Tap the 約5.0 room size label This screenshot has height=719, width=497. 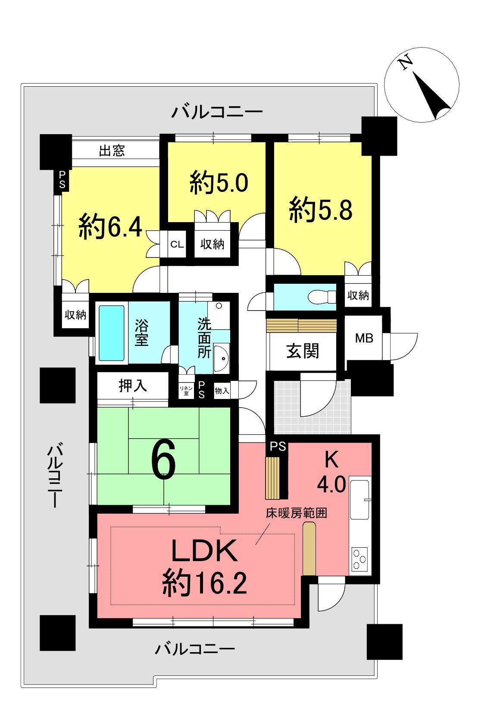[x=219, y=182]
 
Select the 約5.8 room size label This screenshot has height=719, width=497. [x=321, y=210]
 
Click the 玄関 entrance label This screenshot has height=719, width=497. [x=303, y=351]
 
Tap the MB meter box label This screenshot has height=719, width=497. [x=364, y=338]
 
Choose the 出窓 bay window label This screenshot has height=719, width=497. [x=112, y=151]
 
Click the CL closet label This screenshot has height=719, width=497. [x=177, y=245]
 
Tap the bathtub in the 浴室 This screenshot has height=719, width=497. [x=111, y=333]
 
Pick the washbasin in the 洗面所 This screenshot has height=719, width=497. [x=221, y=358]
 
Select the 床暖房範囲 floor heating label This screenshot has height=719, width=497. [x=296, y=513]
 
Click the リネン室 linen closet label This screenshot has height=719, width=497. [x=186, y=391]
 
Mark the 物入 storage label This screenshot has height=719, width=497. [x=222, y=391]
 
